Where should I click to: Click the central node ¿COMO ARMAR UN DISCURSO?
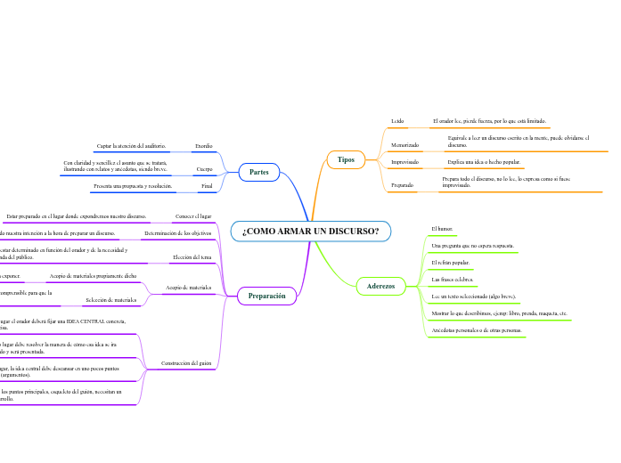(311, 231)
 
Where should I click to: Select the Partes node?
(259, 172)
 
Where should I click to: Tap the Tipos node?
(347, 159)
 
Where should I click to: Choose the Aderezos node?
(380, 286)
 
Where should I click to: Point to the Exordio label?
(203, 145)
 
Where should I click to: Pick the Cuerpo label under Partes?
(204, 167)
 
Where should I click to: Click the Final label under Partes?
(206, 186)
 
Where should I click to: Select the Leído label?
(397, 120)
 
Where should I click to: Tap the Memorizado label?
(405, 144)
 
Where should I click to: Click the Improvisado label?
(405, 163)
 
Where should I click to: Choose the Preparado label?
(403, 184)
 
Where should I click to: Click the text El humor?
(442, 229)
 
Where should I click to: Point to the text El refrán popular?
(450, 264)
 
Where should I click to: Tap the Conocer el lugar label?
(193, 216)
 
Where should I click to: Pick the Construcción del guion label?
(186, 363)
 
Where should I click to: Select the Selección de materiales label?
(110, 300)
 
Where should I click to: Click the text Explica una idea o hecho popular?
(484, 163)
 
